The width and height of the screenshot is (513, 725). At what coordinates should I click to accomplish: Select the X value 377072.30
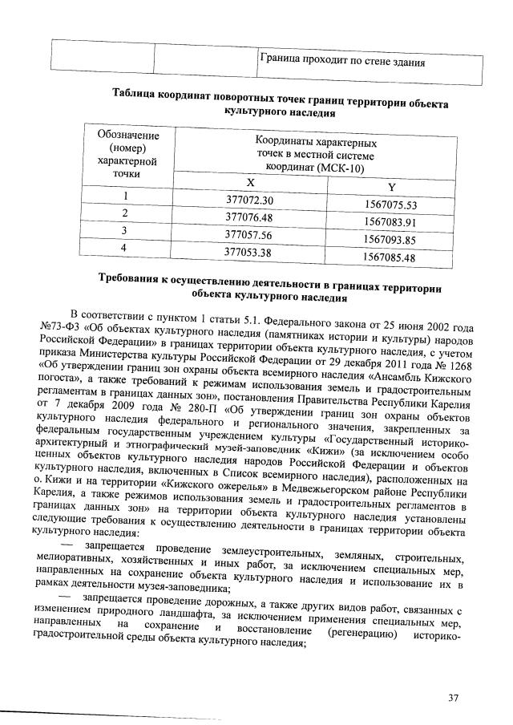click(x=250, y=200)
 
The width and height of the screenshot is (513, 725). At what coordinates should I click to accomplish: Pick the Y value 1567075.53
click(x=390, y=205)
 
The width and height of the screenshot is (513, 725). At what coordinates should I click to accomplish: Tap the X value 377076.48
click(x=250, y=217)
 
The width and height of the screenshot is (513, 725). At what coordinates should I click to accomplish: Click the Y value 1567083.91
click(x=390, y=222)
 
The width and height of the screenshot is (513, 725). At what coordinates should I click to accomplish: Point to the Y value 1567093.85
click(x=390, y=240)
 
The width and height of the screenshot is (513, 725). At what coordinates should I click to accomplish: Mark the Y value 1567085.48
click(x=390, y=257)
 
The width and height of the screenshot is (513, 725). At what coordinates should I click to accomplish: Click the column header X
click(x=250, y=182)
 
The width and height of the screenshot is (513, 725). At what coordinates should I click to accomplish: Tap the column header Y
click(x=390, y=187)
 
